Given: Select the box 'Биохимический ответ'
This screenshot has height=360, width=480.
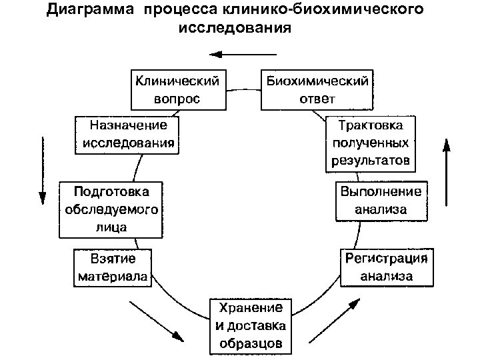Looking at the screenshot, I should (317, 90).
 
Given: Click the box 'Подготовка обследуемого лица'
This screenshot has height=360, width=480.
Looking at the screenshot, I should (111, 208).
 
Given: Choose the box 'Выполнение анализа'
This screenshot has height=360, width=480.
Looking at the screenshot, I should (381, 200).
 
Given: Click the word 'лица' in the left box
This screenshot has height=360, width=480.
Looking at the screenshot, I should (111, 225).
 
